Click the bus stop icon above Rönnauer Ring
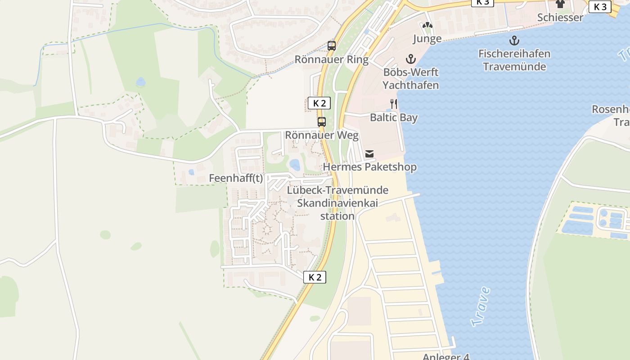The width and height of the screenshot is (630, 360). click(332, 45)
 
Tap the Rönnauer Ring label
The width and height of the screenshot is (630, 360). click(331, 59)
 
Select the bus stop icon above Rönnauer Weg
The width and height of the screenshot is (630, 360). click(322, 121)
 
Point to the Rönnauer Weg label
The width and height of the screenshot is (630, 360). click(322, 135)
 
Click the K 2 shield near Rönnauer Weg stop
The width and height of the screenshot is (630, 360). click(319, 103)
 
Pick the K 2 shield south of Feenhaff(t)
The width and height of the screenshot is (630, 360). click(315, 277)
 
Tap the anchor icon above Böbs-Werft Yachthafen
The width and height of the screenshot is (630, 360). click(410, 58)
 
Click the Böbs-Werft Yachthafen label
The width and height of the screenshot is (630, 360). click(410, 78)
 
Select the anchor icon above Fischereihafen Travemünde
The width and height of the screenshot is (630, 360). click(514, 41)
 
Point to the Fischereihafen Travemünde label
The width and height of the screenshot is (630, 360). click(514, 60)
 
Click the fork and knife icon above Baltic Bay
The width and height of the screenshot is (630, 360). click(394, 104)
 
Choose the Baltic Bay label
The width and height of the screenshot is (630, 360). click(394, 118)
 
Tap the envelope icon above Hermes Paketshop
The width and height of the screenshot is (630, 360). click(369, 154)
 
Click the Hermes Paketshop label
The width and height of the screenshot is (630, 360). click(370, 167)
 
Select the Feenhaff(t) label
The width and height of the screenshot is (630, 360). click(236, 178)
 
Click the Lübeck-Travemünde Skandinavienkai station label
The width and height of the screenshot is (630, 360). click(337, 203)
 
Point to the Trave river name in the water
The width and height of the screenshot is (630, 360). click(481, 306)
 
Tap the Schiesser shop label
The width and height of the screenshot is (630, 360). click(560, 18)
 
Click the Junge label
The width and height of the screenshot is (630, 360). click(427, 39)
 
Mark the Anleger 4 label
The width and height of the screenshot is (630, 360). click(445, 357)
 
